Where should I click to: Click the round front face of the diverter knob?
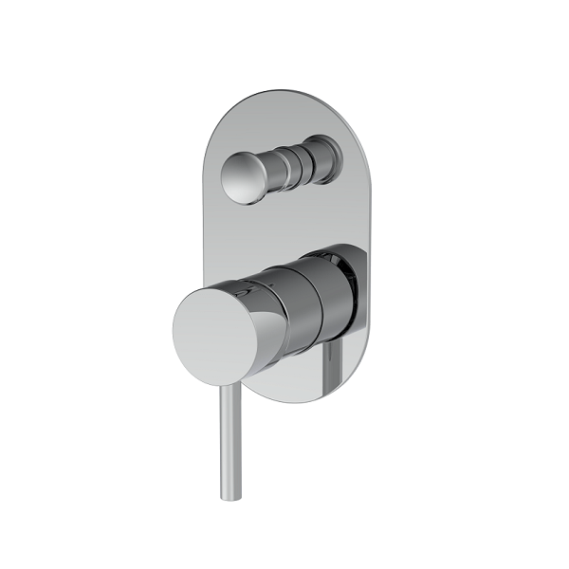click(x=242, y=177)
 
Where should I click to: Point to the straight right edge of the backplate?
click(x=365, y=209)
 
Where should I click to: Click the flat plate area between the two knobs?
click(x=284, y=223)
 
